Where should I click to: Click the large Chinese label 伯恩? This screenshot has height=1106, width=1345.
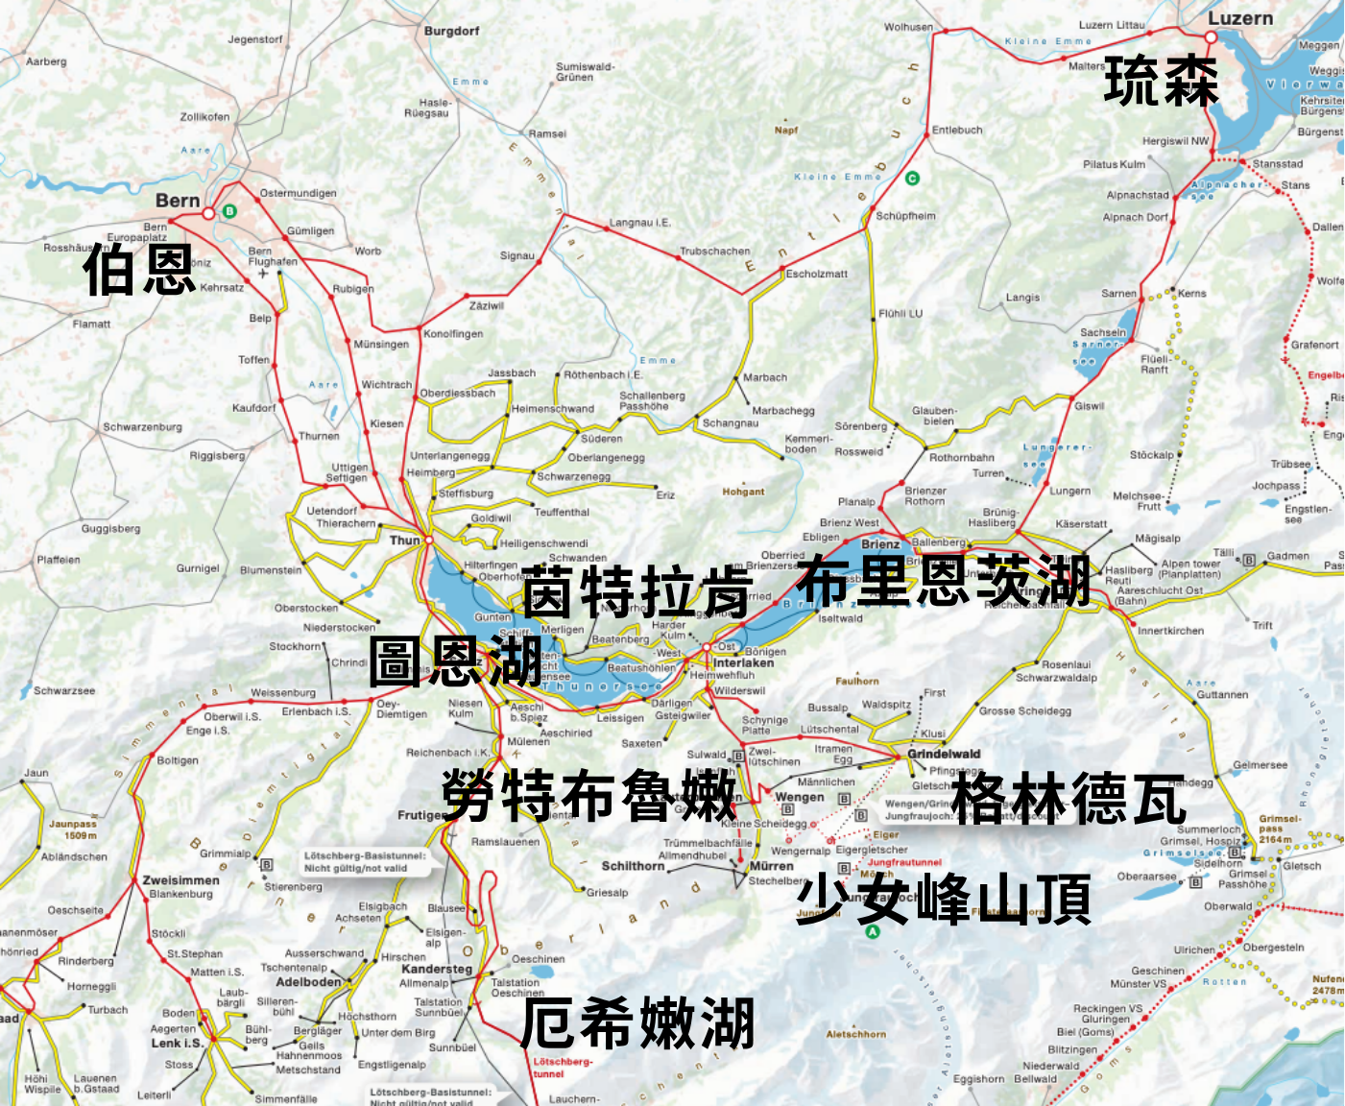140,270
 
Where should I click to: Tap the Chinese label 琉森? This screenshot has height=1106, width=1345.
1162,81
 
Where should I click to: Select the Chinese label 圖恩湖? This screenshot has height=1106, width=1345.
456,661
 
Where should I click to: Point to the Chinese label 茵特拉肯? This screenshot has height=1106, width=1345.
636,591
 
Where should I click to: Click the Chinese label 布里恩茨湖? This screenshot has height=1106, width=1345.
943,581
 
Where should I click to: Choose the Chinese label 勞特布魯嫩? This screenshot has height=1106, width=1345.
588,796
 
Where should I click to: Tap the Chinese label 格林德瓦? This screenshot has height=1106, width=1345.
1069,799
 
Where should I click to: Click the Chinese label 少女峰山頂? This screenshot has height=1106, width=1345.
943,899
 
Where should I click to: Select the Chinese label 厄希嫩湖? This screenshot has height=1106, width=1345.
637,1023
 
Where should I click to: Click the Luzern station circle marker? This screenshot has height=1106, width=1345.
1211,37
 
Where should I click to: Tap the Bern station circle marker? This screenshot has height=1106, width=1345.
208,213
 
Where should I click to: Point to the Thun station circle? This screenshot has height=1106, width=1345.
429,541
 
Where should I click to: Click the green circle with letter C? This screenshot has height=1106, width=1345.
912,178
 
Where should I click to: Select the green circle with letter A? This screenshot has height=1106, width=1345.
873,931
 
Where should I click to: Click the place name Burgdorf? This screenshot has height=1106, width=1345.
451,31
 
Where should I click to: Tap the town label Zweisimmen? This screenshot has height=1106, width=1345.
180,879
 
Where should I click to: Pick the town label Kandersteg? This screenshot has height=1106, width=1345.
437,969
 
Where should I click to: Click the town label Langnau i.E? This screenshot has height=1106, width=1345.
639,223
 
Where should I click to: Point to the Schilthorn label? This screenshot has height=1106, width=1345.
633,866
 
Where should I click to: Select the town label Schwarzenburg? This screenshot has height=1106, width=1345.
142,427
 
